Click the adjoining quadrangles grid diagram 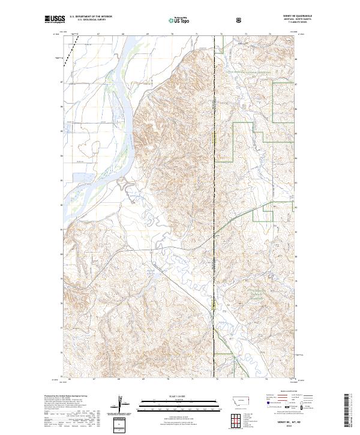pos(239,418)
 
